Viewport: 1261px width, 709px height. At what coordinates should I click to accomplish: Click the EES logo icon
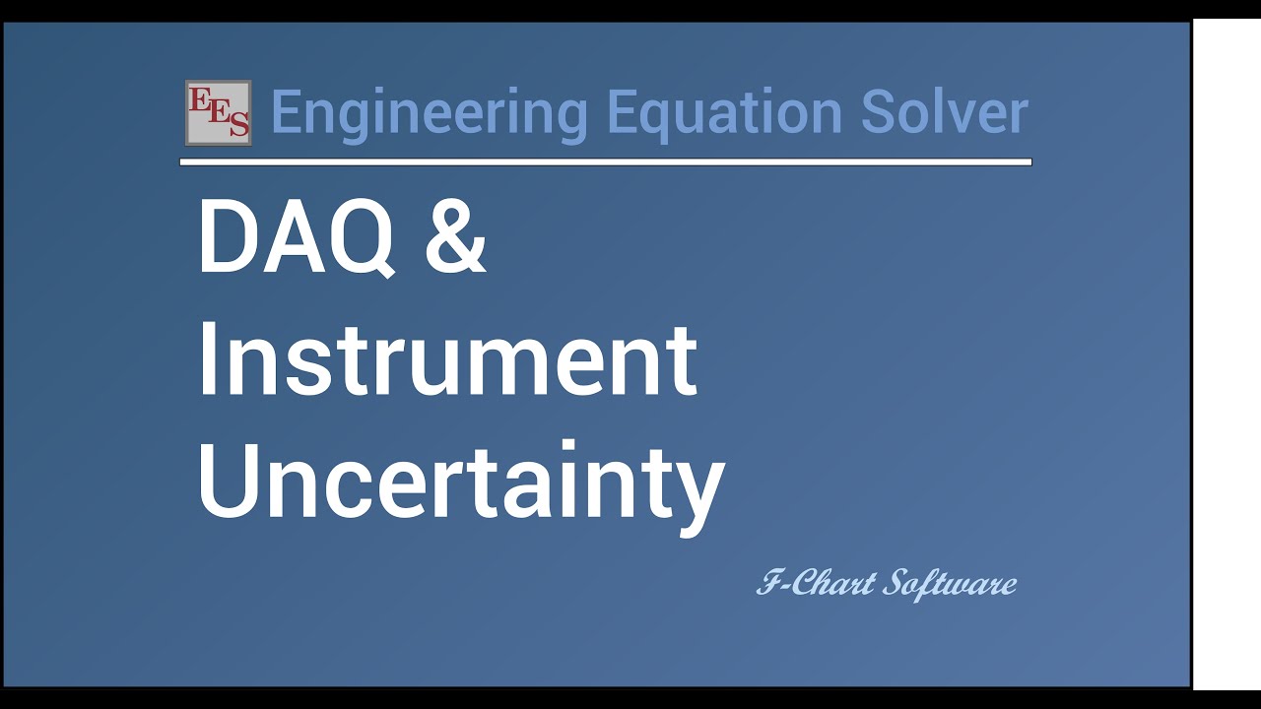pos(218,112)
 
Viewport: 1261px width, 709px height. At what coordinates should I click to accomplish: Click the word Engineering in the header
pos(429,113)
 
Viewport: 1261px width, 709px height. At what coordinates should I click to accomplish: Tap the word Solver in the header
pos(945,111)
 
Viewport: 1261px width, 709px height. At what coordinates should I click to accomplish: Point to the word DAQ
pos(297,238)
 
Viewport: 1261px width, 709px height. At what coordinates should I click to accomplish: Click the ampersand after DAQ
pos(455,238)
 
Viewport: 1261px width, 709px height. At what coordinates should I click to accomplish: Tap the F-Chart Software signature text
pos(886,583)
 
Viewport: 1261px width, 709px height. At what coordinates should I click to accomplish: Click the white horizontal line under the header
pos(605,162)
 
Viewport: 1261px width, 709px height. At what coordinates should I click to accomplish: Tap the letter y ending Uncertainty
pos(699,492)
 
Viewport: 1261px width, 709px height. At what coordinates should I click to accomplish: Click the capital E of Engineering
pos(285,111)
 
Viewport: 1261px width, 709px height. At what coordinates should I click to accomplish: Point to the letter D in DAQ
pos(226,238)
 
